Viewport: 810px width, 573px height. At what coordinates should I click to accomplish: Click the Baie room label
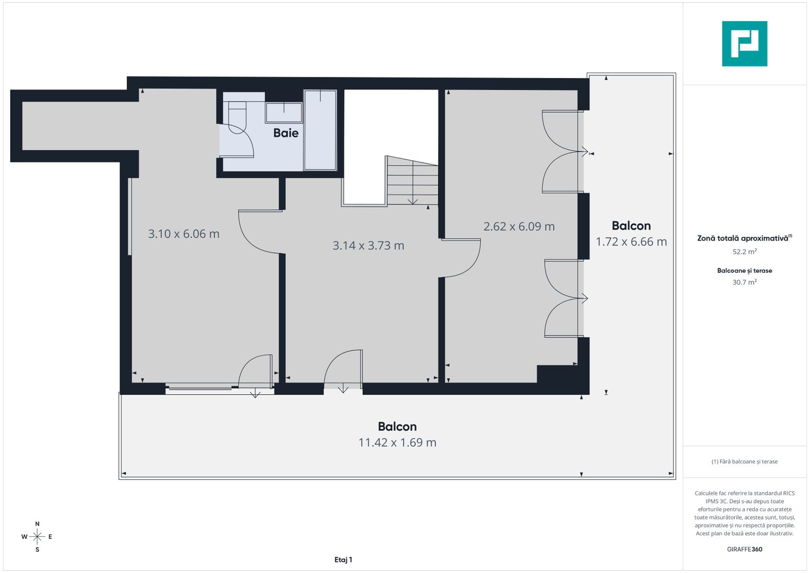[x=285, y=133]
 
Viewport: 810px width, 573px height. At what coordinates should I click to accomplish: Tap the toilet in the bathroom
[x=237, y=114]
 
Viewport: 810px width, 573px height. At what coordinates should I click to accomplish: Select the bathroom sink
[x=284, y=112]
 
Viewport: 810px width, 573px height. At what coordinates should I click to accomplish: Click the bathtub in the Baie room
[x=320, y=131]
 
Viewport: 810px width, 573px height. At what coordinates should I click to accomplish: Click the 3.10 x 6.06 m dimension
[x=184, y=234]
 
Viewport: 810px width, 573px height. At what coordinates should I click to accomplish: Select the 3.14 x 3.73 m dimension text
[x=368, y=246]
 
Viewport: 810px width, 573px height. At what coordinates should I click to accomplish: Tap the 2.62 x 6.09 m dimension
[x=519, y=227]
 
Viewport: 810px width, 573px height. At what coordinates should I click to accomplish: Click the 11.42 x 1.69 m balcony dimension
[x=397, y=442]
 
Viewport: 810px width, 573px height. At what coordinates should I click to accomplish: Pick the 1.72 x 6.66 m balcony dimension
[x=631, y=242]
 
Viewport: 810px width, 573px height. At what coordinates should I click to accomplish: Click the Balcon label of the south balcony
[x=397, y=427]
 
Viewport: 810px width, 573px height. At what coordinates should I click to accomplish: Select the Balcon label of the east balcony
[x=631, y=226]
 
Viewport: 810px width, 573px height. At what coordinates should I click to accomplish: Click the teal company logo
[x=744, y=44]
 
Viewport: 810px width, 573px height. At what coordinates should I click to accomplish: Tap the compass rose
[x=37, y=537]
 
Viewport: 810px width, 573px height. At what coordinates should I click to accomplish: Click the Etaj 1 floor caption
[x=343, y=560]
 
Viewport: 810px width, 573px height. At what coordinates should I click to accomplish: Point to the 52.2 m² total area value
[x=744, y=252]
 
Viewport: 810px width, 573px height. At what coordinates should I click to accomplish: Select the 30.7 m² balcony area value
[x=744, y=282]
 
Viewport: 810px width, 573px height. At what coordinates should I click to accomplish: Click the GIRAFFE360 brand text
[x=744, y=549]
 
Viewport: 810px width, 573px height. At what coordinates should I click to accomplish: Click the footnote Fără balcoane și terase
[x=744, y=462]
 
